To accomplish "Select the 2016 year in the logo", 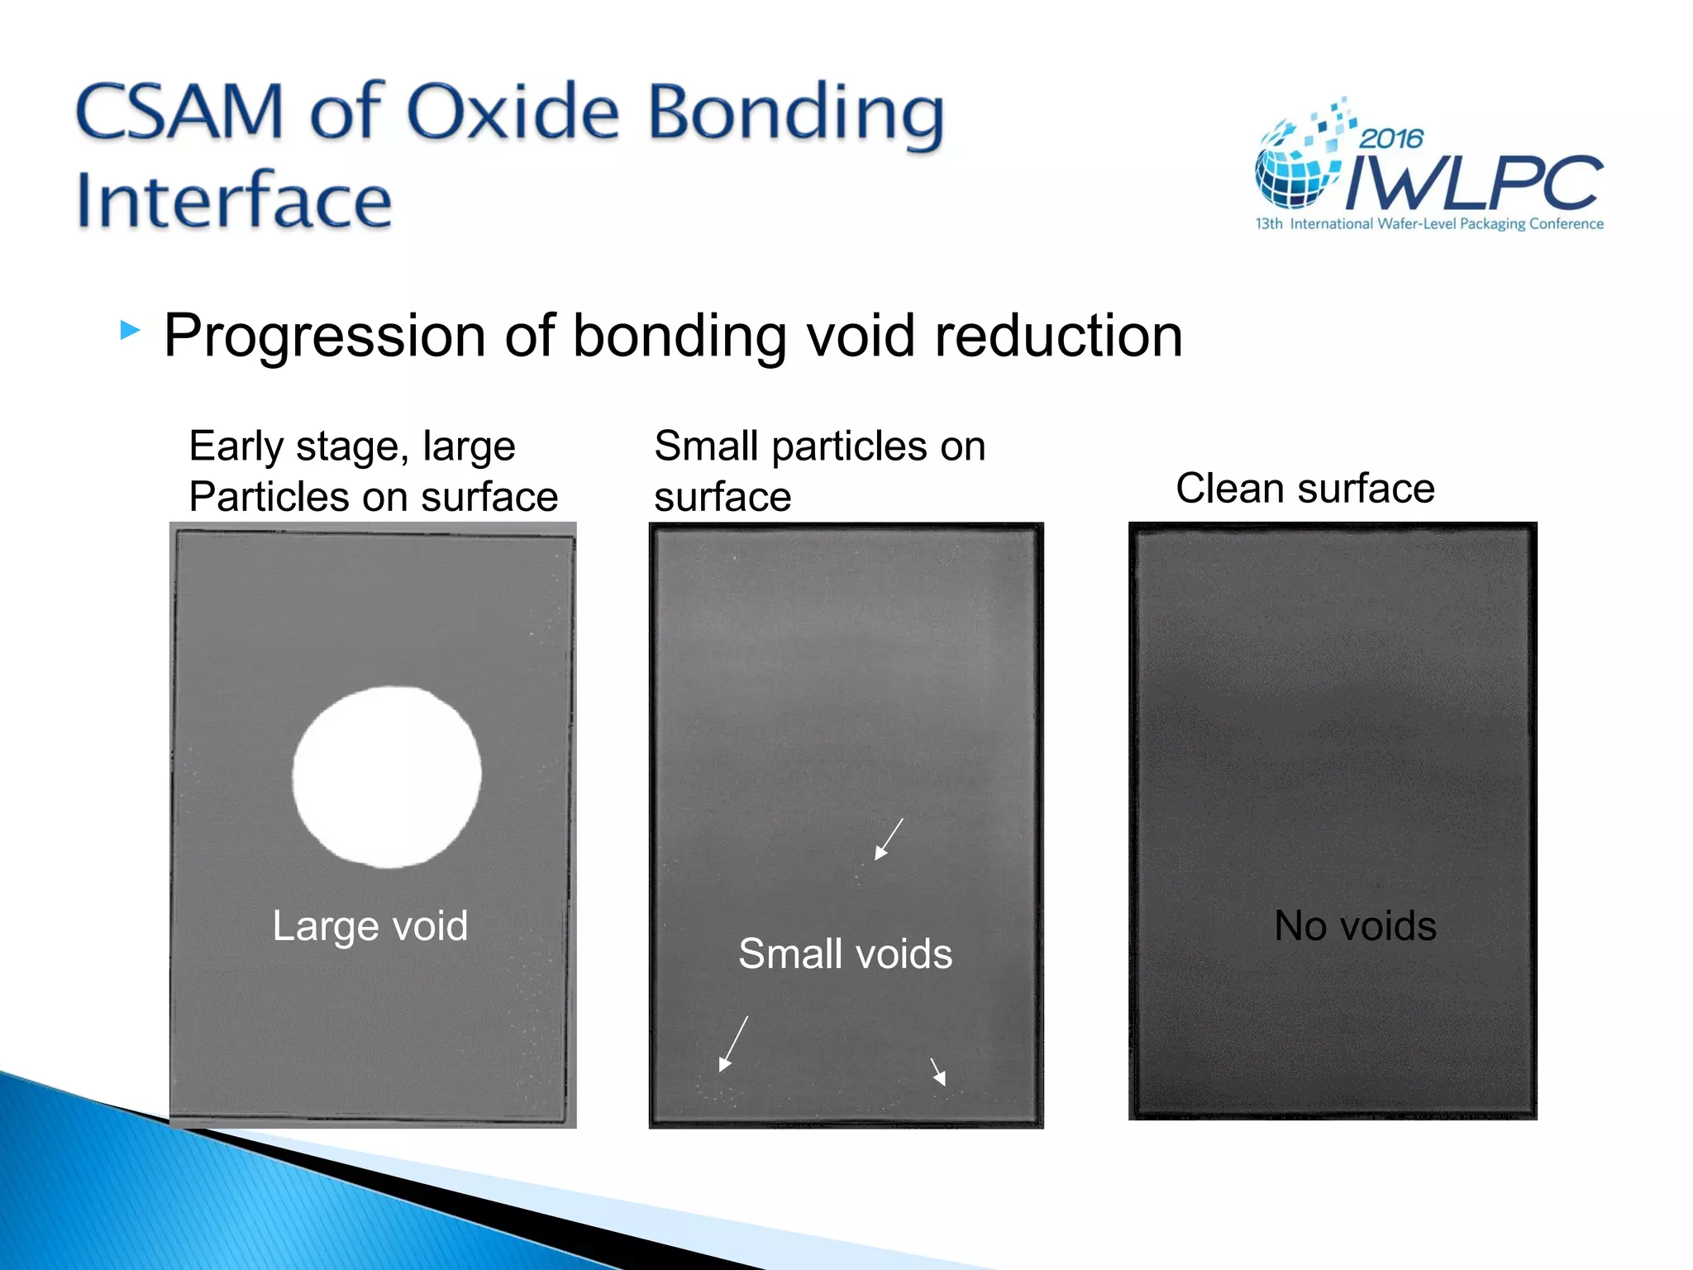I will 1391,138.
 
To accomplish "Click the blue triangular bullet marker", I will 130,331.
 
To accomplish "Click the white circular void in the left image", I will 387,776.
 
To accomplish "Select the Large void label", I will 370,925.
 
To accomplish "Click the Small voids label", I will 845,953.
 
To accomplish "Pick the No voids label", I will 1355,925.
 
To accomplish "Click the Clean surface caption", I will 1304,488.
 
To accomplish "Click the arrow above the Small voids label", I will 889,839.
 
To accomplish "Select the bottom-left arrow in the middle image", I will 733,1043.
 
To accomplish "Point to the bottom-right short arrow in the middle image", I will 938,1072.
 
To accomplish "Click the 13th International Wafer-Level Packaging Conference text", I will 1429,224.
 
